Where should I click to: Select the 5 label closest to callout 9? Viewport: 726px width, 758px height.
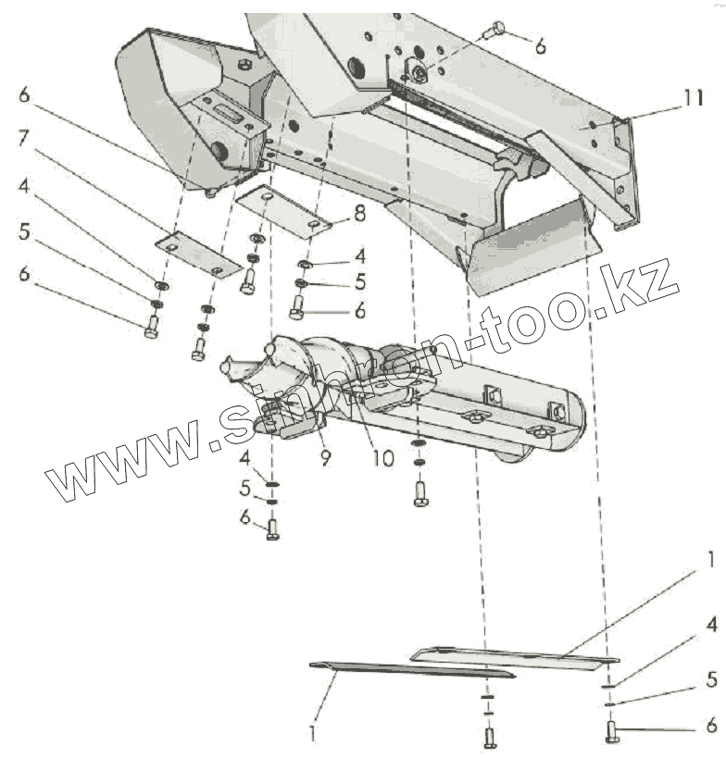(246, 488)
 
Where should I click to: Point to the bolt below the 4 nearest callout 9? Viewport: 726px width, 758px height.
(272, 528)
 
